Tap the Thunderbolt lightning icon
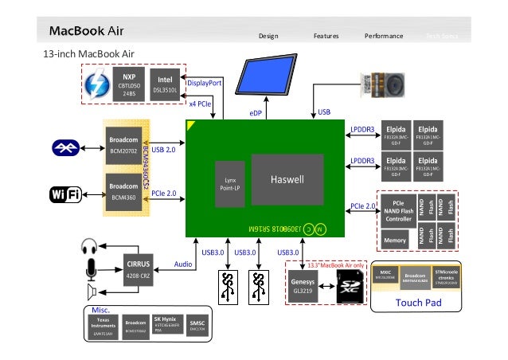point(99,84)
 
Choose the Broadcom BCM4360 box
point(125,191)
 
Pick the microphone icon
point(89,271)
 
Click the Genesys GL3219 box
point(305,287)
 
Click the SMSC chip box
point(197,325)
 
